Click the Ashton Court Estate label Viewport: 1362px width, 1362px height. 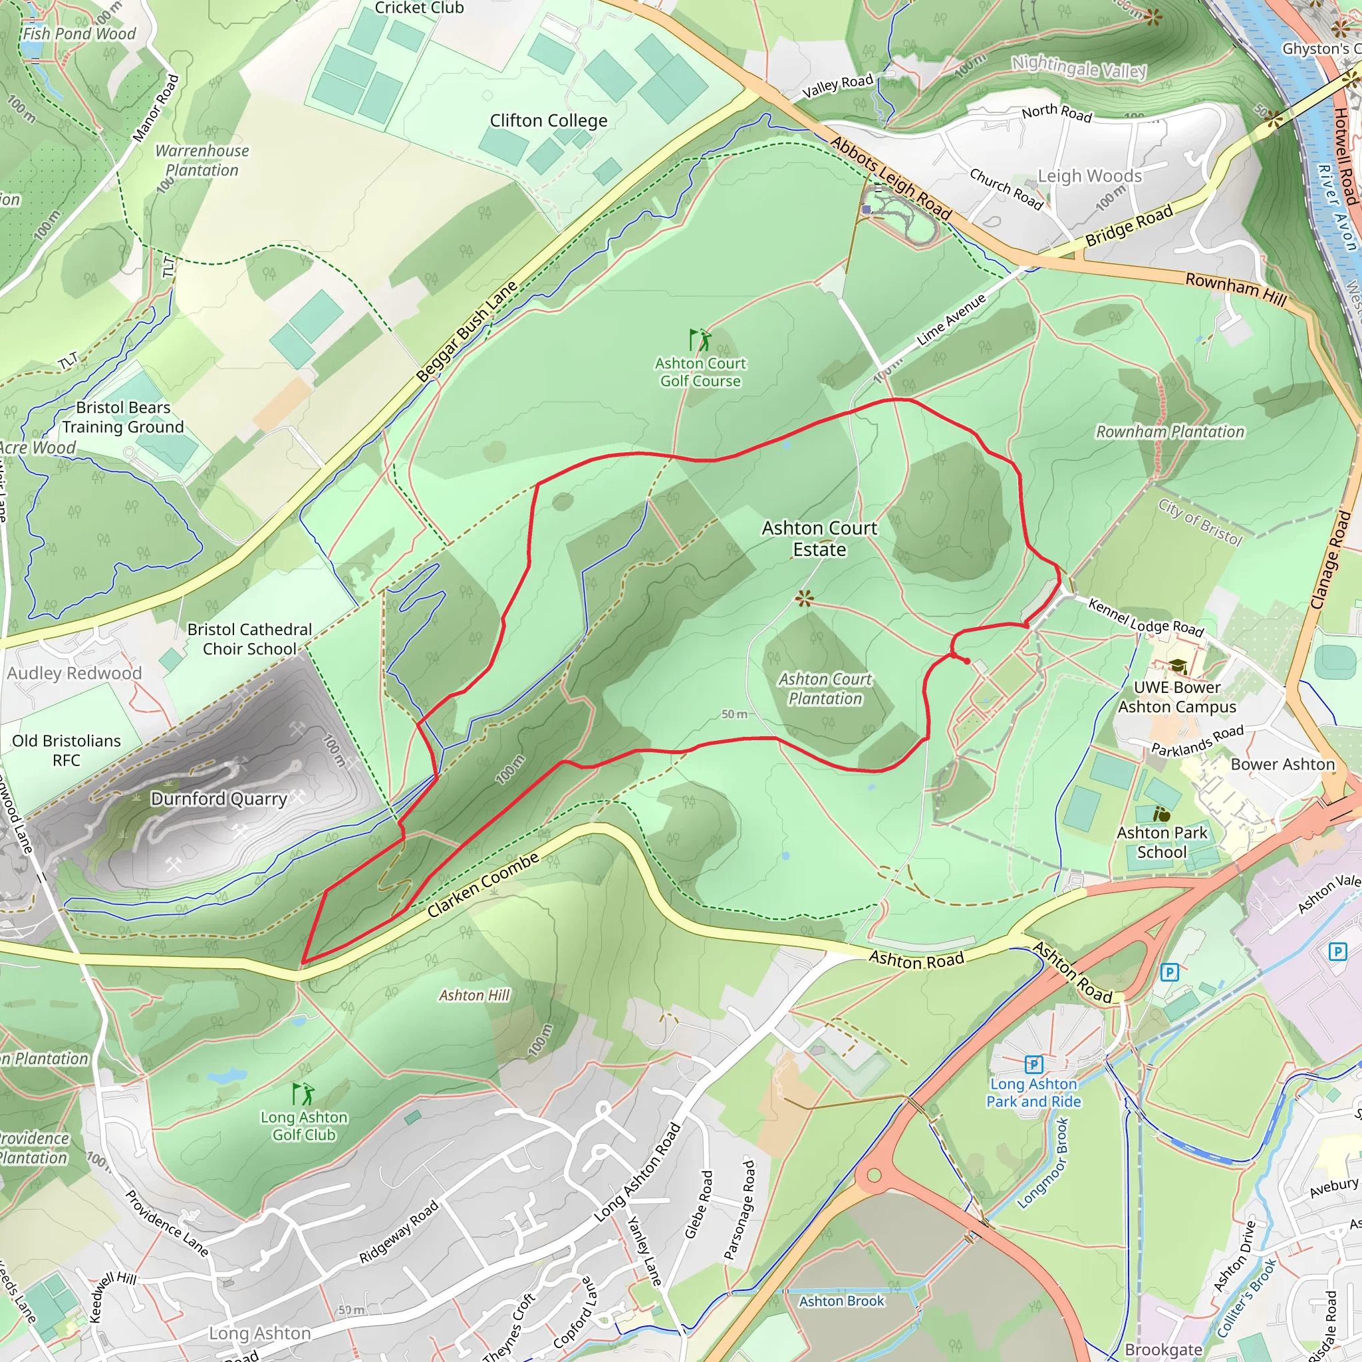819,539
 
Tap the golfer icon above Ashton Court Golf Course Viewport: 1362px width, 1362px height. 700,340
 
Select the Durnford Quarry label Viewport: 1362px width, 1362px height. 219,799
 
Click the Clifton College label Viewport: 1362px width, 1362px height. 549,120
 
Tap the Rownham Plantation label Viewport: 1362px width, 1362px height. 1170,432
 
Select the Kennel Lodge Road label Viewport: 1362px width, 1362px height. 1146,617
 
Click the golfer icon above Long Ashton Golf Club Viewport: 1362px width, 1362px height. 303,1094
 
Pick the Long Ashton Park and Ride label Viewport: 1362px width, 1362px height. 1033,1093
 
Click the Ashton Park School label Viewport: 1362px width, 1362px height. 1162,843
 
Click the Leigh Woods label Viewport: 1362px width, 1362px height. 1089,176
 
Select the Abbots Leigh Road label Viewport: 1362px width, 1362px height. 891,178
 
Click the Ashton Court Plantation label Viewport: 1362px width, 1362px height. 825,689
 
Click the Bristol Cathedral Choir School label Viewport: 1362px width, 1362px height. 249,639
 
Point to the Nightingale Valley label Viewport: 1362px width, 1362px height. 1079,68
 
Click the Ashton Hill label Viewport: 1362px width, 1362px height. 474,996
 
